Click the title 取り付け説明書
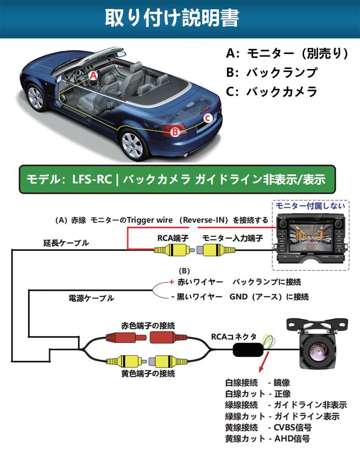[172, 18]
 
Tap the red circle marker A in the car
[93, 75]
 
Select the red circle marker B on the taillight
[175, 131]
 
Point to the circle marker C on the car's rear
[208, 117]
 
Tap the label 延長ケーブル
[66, 242]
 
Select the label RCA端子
[173, 238]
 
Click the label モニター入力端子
[233, 238]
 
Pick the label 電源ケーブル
[91, 298]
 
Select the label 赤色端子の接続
[148, 326]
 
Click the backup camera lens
[317, 352]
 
